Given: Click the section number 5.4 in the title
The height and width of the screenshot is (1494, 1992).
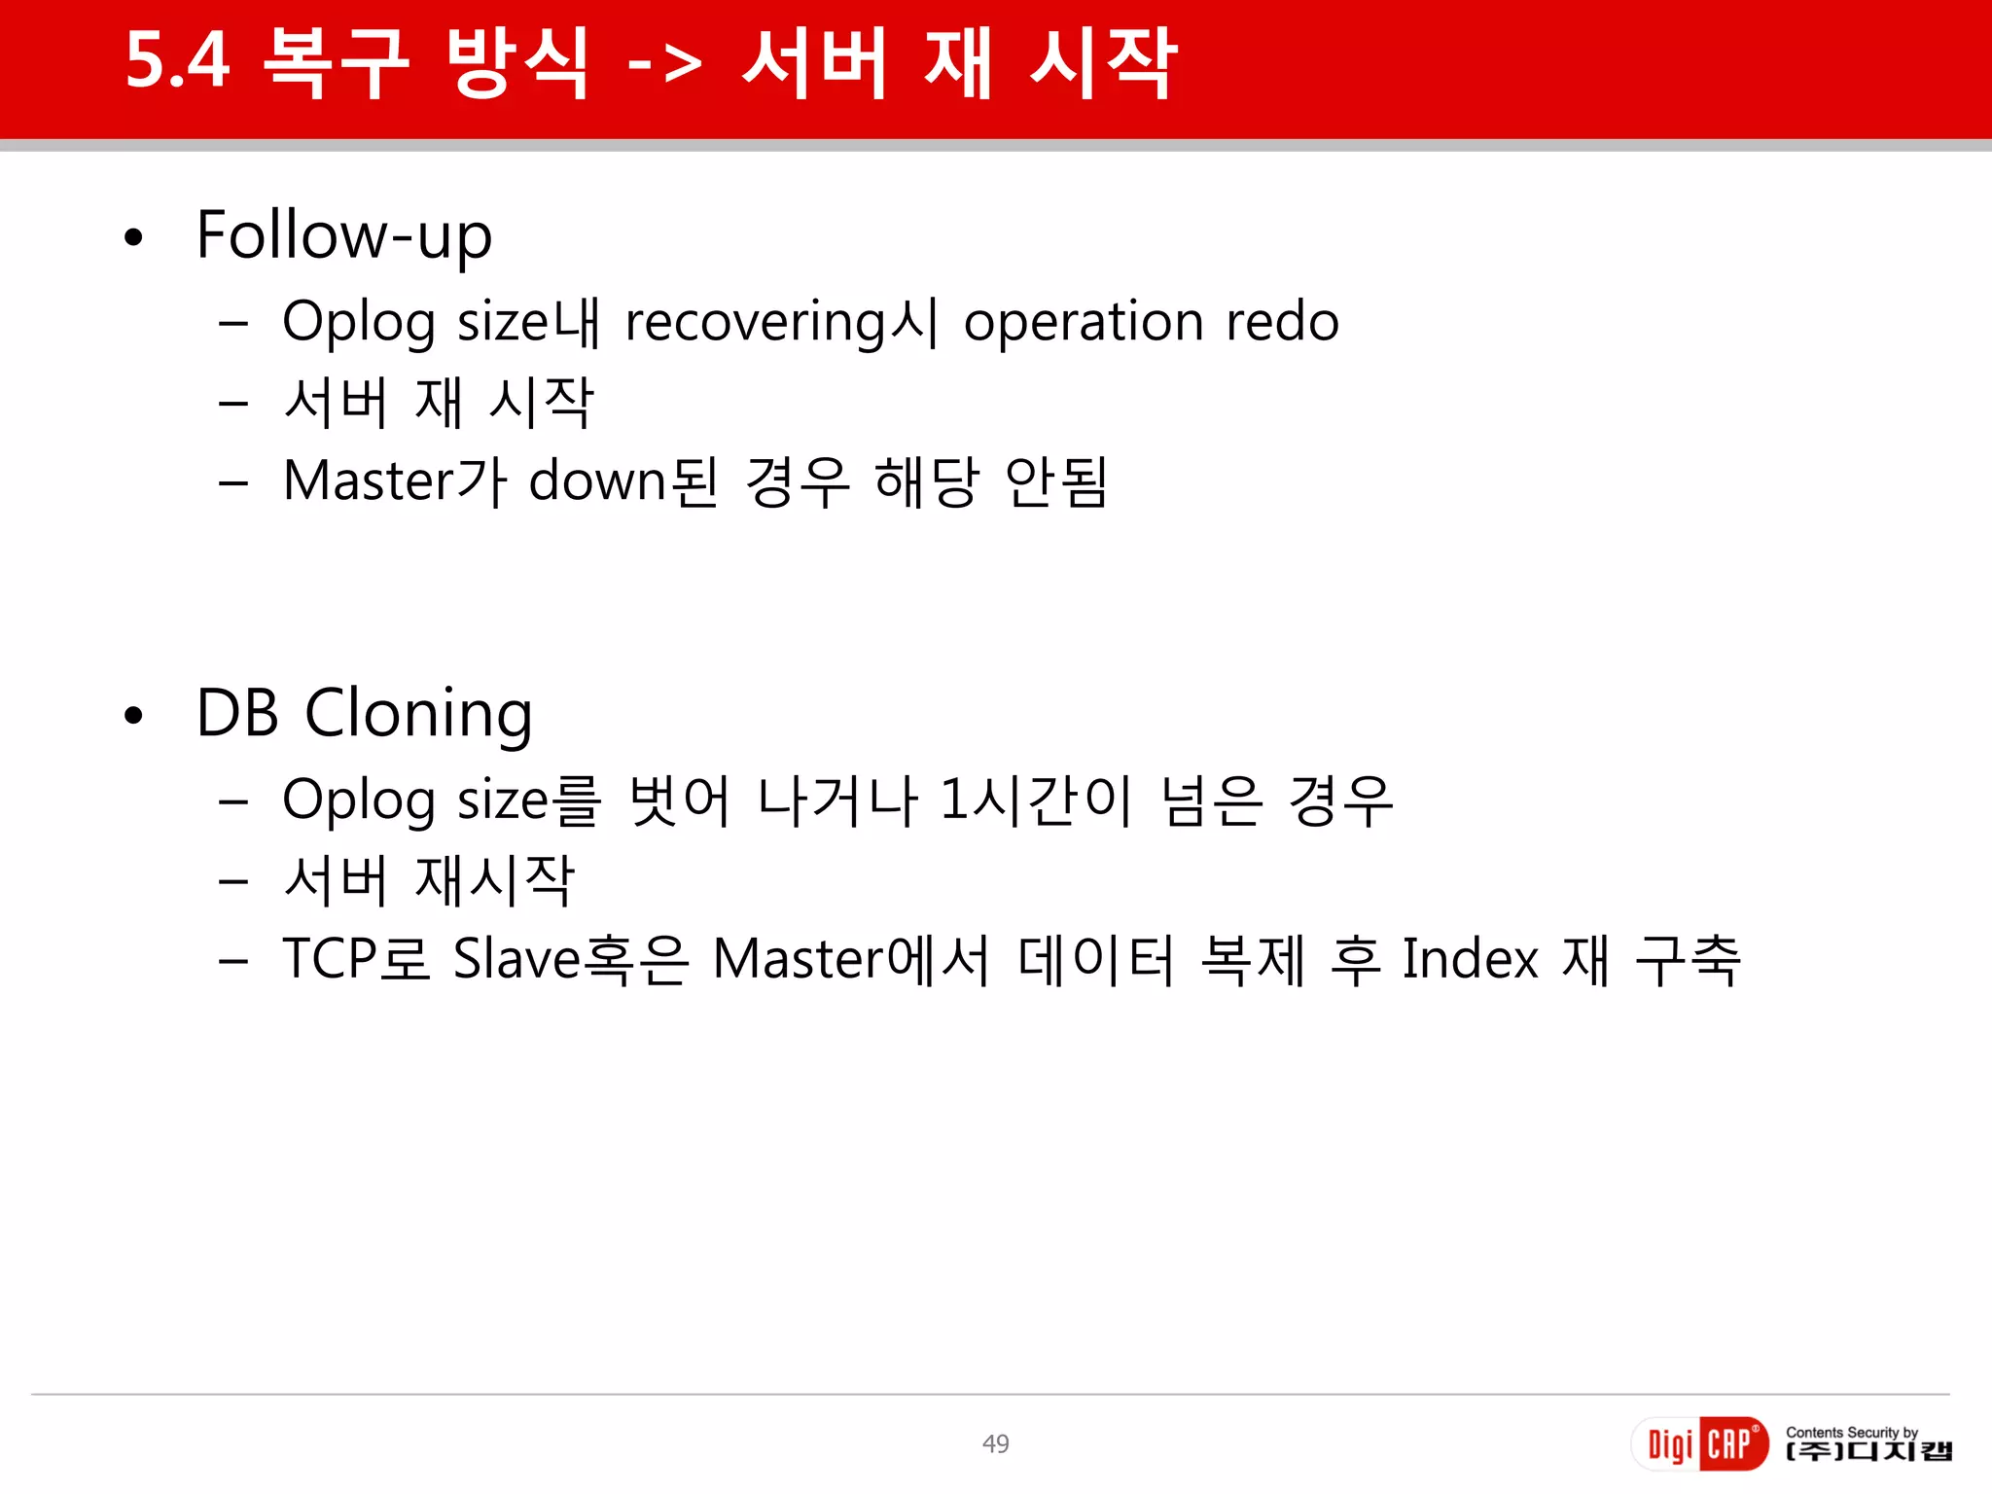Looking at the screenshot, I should click(178, 61).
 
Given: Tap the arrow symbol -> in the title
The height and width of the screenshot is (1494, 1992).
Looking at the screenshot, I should click(664, 64).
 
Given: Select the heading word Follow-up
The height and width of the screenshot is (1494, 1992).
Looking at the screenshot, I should click(344, 236).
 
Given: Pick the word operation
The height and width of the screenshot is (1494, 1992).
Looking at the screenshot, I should click(1084, 322).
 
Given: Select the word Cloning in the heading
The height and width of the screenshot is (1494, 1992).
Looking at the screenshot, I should click(418, 715).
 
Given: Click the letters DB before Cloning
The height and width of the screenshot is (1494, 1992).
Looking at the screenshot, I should click(237, 713).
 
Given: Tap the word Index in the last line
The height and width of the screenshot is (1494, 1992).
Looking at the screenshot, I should click(1471, 959).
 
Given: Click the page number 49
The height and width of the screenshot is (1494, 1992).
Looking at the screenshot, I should click(995, 1444).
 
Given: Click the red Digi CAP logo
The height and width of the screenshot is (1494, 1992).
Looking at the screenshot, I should click(1699, 1443).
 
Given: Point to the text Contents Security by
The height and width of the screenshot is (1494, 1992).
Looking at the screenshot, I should click(1851, 1432).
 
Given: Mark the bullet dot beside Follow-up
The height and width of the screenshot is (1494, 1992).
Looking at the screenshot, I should click(134, 237).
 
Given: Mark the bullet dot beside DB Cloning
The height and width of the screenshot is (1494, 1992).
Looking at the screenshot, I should click(134, 716).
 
